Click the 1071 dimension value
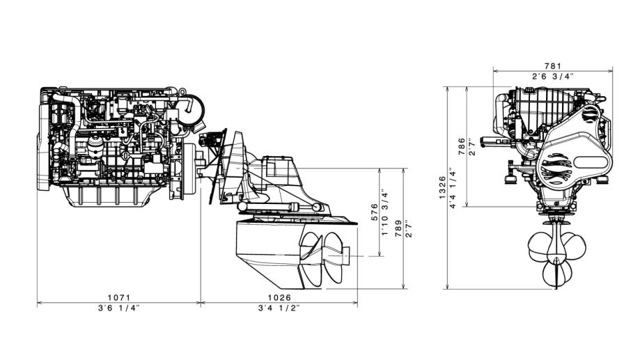pos(119,298)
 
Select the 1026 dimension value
pos(279,298)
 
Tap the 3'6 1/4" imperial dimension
pos(119,308)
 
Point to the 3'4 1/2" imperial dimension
pos(279,308)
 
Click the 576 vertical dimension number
pos(374,212)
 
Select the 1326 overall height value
pos(442,188)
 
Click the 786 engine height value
pos(462,146)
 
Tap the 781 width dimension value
pos(553,65)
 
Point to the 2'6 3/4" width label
pos(553,76)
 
